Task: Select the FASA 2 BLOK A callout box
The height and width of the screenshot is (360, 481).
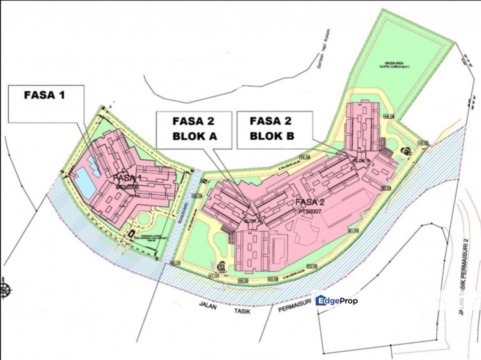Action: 194,129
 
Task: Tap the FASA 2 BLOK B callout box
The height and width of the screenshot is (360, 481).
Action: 271,129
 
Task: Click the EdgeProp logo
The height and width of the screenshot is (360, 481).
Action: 336,300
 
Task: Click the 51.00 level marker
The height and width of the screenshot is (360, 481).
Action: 353,231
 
